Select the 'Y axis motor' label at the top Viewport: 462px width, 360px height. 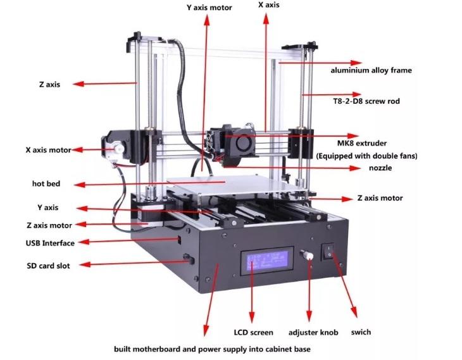209,8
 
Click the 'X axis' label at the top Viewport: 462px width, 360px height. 269,5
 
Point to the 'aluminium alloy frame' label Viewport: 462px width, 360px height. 371,70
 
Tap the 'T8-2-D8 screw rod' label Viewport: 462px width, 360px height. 366,101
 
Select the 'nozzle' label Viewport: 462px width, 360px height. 380,168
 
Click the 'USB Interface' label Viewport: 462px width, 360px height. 50,243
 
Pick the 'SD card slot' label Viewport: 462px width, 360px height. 48,266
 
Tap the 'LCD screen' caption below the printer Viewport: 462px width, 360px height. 253,332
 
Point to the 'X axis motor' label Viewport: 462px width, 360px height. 48,151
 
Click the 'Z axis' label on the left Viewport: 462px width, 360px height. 49,84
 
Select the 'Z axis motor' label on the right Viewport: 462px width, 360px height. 380,198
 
